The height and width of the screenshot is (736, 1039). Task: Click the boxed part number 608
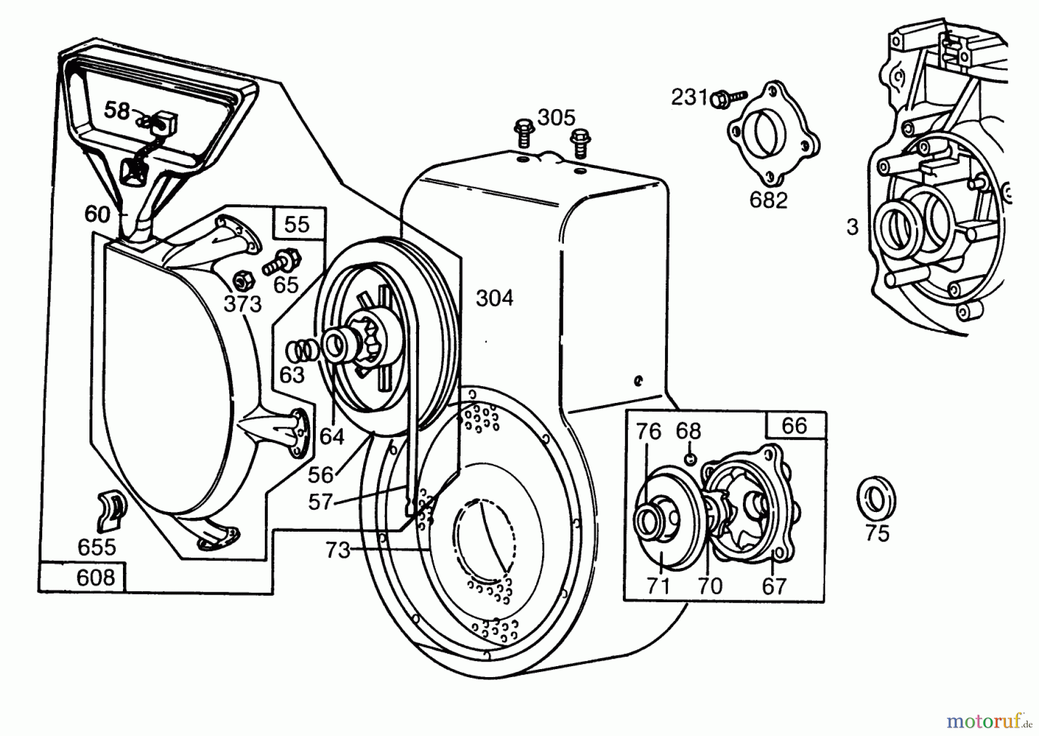(95, 577)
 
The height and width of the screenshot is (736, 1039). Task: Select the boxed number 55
(297, 224)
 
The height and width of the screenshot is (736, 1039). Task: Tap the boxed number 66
(794, 425)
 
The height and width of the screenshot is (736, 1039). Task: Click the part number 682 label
(768, 200)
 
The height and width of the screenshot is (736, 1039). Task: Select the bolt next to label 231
(728, 98)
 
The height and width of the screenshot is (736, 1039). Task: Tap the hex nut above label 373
(240, 281)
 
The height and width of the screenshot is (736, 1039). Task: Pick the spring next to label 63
(302, 350)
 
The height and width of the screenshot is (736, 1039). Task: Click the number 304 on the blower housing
(495, 298)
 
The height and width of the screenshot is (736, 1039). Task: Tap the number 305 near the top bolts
(556, 118)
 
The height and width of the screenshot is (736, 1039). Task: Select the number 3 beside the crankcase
(853, 227)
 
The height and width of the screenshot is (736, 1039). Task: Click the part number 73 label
(338, 550)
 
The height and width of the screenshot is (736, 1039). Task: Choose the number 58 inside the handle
(117, 110)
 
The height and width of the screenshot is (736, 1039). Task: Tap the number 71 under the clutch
(659, 586)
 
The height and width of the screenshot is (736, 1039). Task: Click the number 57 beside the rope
(321, 502)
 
